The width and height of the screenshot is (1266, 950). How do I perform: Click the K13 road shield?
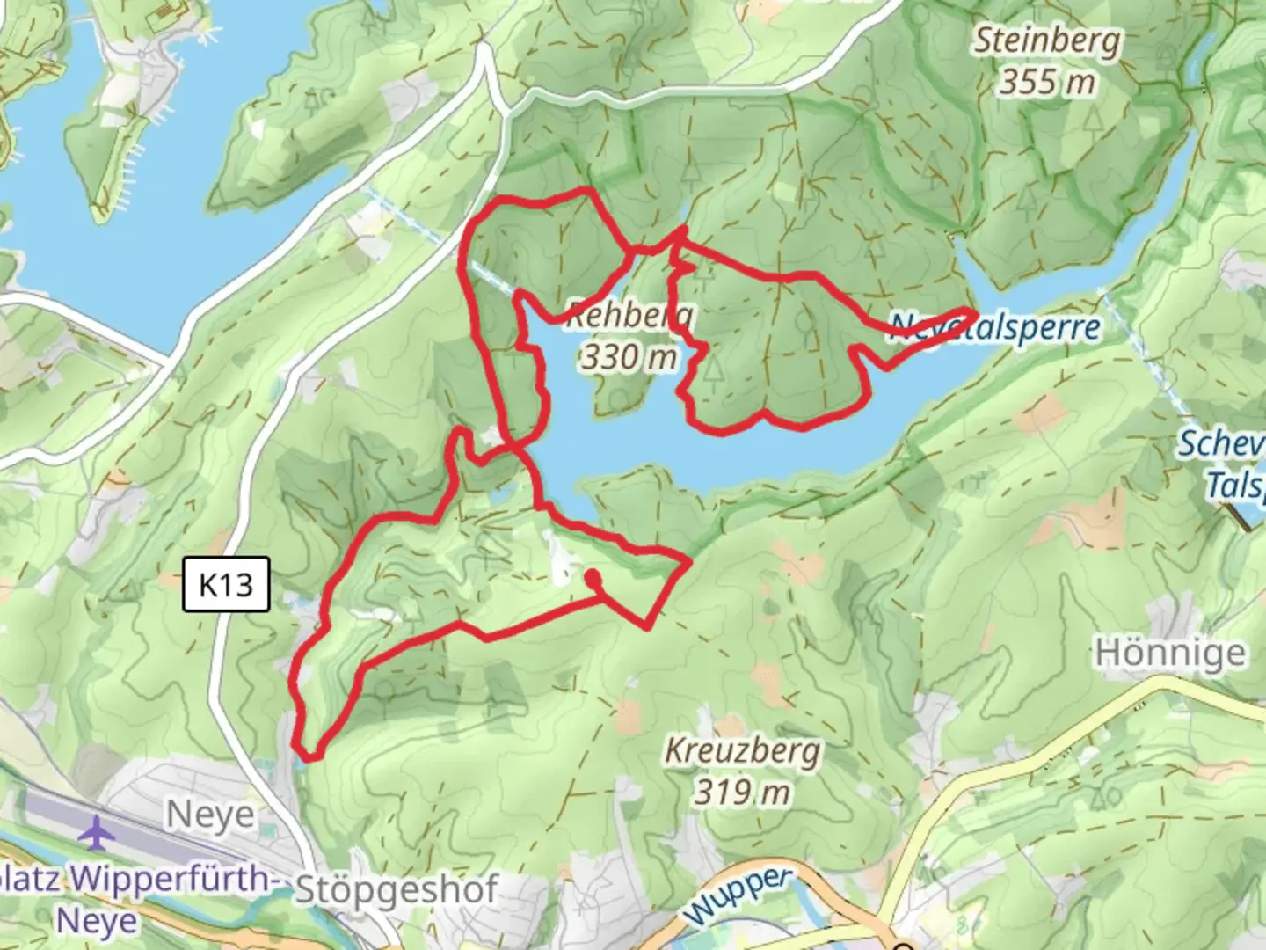click(225, 584)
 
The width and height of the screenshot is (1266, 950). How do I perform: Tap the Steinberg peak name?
click(1046, 40)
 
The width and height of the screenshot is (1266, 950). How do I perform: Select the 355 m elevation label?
click(1046, 83)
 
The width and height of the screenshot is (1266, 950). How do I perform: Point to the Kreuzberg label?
click(742, 751)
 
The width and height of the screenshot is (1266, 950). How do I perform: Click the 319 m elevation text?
click(742, 793)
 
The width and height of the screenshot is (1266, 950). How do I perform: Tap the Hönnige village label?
click(1169, 654)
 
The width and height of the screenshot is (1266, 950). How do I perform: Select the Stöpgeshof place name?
click(397, 890)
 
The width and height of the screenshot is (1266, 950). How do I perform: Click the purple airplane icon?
click(96, 832)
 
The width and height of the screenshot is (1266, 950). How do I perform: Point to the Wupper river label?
click(738, 895)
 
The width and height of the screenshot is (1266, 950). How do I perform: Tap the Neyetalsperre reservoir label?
click(993, 327)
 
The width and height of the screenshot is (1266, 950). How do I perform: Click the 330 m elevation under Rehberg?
click(629, 357)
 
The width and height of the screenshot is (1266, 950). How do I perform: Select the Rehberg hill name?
click(629, 314)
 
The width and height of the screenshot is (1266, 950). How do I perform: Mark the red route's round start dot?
click(593, 577)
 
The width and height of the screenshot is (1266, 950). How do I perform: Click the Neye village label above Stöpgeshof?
click(210, 815)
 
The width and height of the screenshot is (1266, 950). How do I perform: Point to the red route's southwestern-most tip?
click(308, 755)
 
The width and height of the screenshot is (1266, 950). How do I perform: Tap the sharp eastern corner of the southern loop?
click(688, 559)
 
